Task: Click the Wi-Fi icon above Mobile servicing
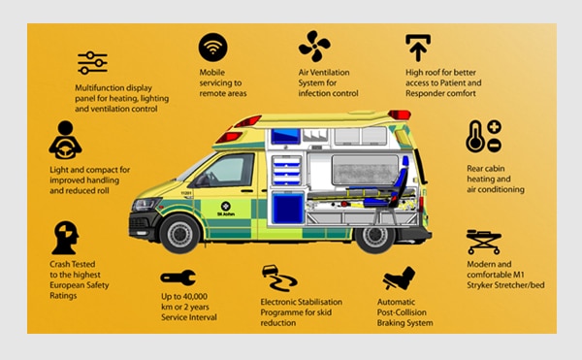coord(212,48)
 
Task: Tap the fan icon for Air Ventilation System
coord(314,46)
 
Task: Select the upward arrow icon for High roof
coord(418,48)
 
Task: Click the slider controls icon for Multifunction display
coord(92,63)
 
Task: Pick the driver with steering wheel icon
coord(65,140)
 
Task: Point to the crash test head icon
coord(65,238)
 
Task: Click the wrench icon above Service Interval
coord(178,278)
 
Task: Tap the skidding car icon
coord(278,278)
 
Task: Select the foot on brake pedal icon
coord(399,278)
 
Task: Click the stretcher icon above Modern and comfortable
coord(484,242)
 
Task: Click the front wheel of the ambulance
coord(180,234)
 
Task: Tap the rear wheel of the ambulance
coord(374,237)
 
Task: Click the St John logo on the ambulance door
coord(226,209)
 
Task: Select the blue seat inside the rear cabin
coord(390,185)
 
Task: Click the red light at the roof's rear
coord(400,115)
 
